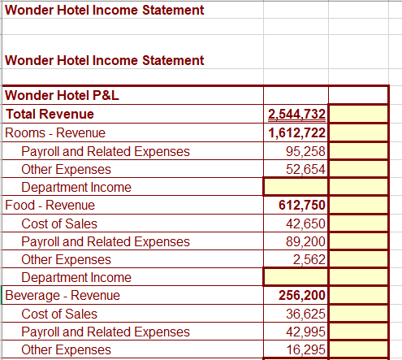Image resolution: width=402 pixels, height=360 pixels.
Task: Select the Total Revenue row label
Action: click(x=50, y=115)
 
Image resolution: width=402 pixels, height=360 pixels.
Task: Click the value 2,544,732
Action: click(x=296, y=115)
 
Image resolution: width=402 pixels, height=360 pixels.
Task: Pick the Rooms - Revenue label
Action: click(x=55, y=132)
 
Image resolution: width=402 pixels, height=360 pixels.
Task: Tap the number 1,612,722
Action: click(x=296, y=132)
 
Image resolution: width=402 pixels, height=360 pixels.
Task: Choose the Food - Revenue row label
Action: click(x=50, y=205)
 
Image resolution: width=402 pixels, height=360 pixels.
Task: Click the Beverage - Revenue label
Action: click(x=63, y=295)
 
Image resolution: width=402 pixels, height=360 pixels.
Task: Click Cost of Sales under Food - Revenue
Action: click(x=59, y=223)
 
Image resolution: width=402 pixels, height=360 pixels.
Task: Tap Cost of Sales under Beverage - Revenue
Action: click(x=59, y=314)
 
